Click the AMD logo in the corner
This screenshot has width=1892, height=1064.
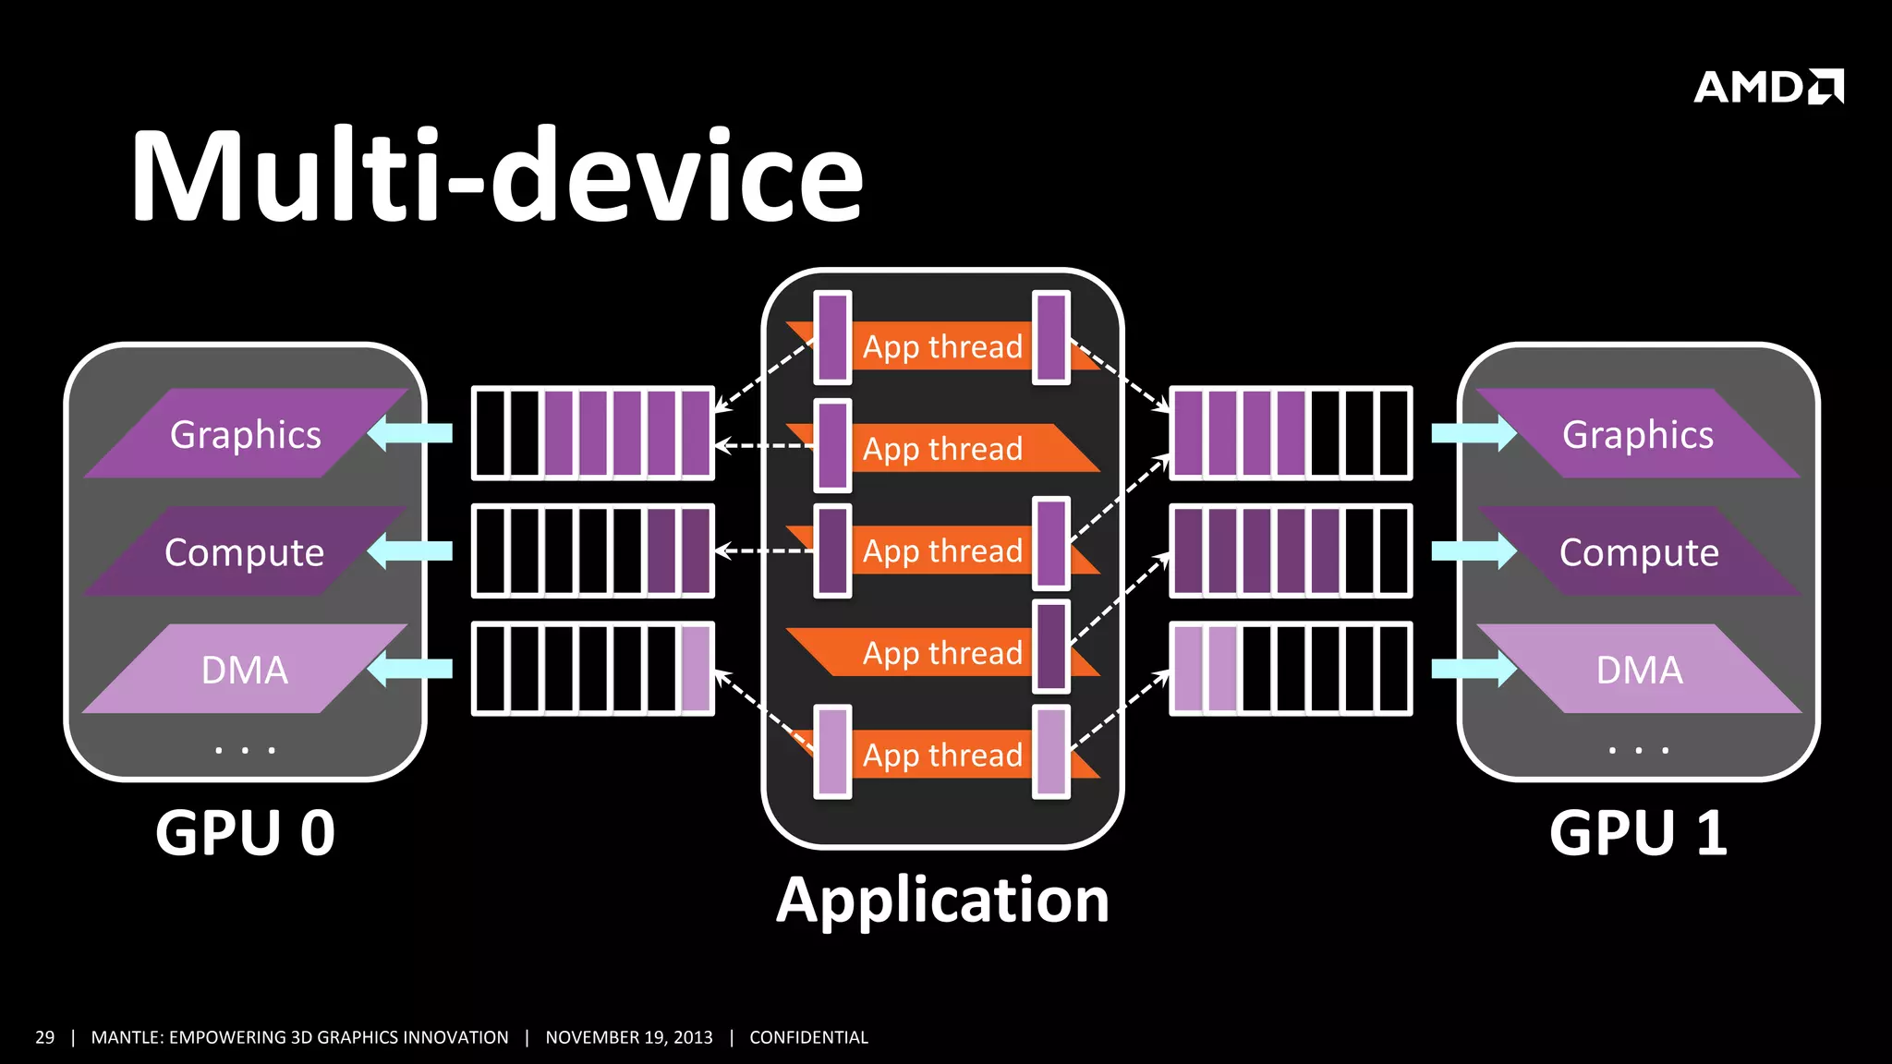(1768, 87)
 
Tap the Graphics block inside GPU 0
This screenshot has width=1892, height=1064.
(246, 434)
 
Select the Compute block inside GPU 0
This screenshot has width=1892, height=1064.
(245, 552)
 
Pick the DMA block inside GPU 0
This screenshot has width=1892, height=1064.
(245, 670)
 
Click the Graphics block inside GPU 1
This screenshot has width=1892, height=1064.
(1638, 434)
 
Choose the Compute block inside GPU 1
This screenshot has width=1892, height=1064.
(1639, 552)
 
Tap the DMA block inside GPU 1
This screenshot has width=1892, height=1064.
(1639, 670)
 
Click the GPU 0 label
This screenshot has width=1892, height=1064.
(245, 833)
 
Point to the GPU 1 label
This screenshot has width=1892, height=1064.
(1638, 833)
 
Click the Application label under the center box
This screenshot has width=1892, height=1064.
(942, 901)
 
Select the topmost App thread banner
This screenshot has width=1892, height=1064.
(942, 346)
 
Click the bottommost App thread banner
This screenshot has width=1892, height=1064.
(942, 755)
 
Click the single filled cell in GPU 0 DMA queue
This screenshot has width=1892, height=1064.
(697, 669)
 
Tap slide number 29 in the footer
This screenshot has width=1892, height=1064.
(44, 1037)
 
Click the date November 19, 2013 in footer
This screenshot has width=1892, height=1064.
(629, 1037)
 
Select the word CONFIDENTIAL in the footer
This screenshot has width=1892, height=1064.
(808, 1037)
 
